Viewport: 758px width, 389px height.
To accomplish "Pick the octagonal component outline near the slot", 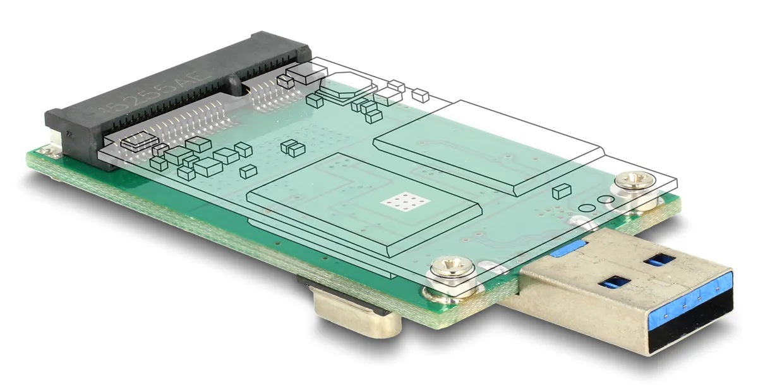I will point(341,89).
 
